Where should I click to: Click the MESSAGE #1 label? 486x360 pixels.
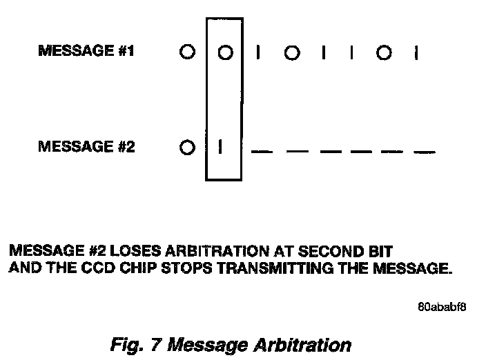click(x=86, y=52)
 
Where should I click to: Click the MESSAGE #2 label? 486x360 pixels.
click(x=86, y=147)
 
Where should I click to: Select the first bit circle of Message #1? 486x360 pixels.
click(x=186, y=52)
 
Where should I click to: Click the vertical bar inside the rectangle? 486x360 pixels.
click(x=220, y=148)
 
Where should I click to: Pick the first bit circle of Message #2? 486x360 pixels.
click(x=186, y=148)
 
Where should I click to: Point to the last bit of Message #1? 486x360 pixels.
click(x=416, y=52)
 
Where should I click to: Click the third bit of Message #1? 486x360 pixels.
click(x=258, y=52)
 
